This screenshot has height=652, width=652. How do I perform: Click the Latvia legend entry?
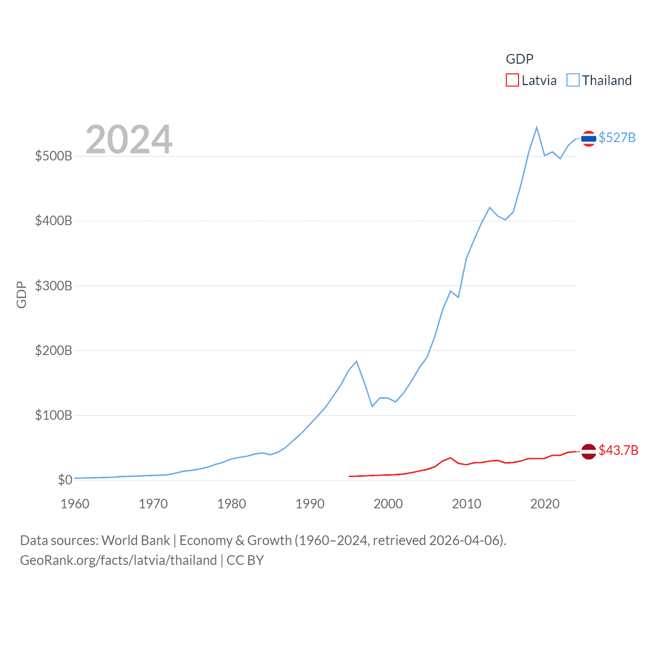(531, 80)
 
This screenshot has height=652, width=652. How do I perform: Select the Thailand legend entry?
(600, 80)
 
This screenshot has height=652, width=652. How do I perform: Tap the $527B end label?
(617, 138)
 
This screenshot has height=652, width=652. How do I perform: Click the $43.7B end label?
(618, 450)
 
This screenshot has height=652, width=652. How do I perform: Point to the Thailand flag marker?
(588, 139)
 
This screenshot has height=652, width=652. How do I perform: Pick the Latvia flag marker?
(588, 451)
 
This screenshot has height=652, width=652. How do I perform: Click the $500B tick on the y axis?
(53, 156)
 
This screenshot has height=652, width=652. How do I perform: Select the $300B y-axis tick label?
(53, 286)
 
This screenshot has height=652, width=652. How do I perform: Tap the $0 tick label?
(65, 480)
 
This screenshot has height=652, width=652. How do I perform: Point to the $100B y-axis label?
(53, 415)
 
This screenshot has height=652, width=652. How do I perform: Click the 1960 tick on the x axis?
(75, 504)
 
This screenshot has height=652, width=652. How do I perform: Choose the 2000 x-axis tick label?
(388, 504)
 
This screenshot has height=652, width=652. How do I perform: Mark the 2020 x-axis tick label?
(545, 504)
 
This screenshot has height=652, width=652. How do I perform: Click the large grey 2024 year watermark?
(129, 140)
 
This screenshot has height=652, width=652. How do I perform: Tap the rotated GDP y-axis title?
(21, 294)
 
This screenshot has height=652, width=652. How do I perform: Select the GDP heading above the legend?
(520, 59)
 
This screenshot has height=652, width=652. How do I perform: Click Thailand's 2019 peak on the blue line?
(537, 127)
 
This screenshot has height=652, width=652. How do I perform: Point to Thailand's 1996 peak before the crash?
(357, 361)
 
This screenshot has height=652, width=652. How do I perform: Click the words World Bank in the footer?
(135, 540)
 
